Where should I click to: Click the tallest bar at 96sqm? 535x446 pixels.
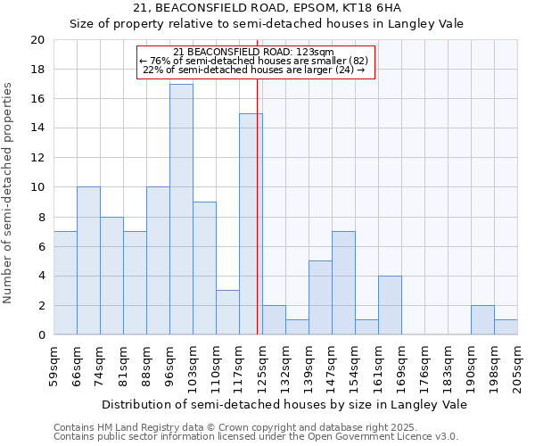pyautogui.click(x=181, y=210)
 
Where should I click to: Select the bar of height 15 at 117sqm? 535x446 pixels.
pyautogui.click(x=251, y=224)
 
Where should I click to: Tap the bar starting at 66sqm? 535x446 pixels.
pyautogui.click(x=88, y=260)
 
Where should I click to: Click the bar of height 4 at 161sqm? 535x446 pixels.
pyautogui.click(x=390, y=305)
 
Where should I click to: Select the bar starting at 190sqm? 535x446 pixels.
pyautogui.click(x=482, y=319)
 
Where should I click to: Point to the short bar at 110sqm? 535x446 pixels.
pyautogui.click(x=227, y=312)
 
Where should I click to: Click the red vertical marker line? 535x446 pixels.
pyautogui.click(x=257, y=223)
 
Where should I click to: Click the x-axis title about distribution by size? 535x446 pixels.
pyautogui.click(x=284, y=404)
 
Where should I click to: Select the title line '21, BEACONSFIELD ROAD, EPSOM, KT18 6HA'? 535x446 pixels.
pyautogui.click(x=267, y=8)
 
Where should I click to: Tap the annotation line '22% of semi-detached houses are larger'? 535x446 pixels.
pyautogui.click(x=254, y=70)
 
